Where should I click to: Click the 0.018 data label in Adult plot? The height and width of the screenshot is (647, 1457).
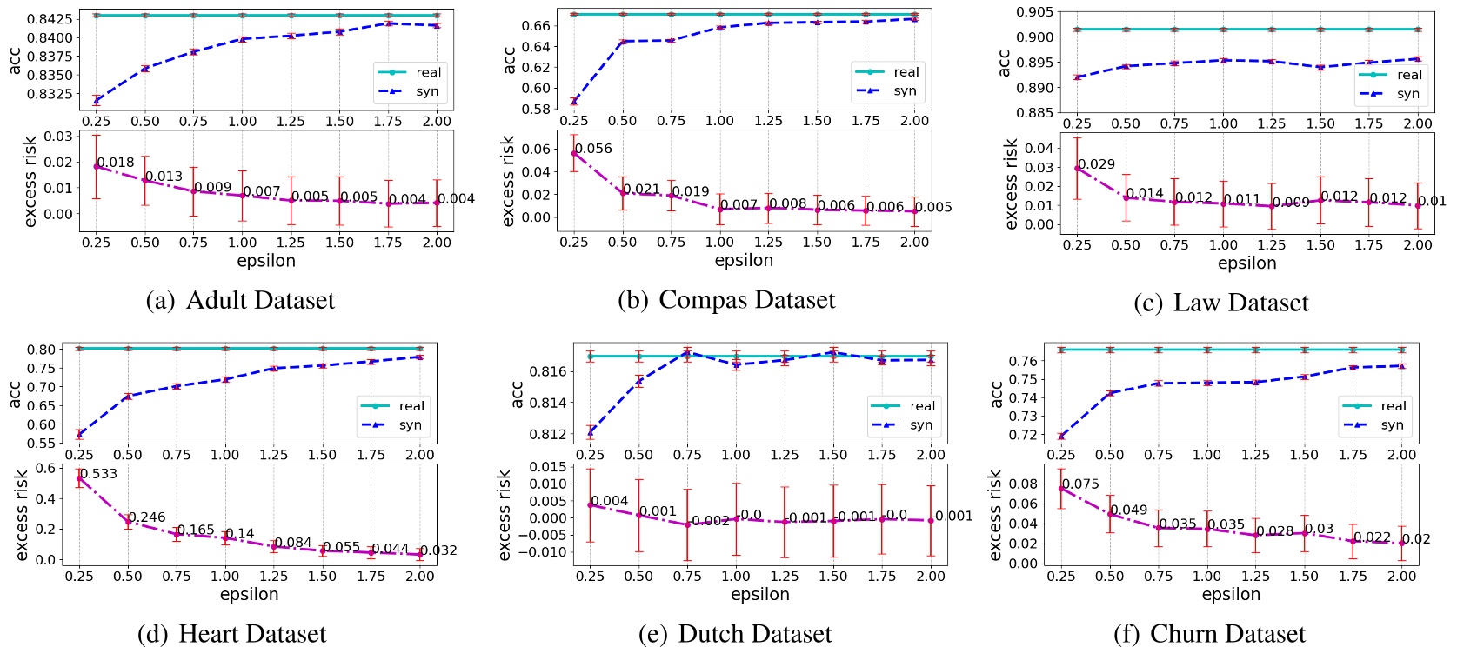tap(116, 163)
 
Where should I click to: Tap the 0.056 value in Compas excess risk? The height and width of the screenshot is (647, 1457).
tap(593, 149)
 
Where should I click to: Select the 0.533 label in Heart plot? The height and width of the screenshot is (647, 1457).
tap(98, 474)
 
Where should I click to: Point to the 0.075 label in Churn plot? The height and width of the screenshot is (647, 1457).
tap(1080, 484)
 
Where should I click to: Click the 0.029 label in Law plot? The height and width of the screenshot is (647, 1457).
tap(1096, 164)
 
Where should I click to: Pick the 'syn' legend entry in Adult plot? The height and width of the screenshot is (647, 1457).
tap(427, 91)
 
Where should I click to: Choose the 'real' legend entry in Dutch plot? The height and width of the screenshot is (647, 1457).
tap(922, 406)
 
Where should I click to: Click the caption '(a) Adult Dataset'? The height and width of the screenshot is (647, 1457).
tap(240, 301)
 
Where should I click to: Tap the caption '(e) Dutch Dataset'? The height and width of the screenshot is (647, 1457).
tap(735, 634)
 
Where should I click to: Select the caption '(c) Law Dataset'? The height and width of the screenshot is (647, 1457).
tap(1221, 303)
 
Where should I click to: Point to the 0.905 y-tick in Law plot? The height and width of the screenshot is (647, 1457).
tap(1035, 11)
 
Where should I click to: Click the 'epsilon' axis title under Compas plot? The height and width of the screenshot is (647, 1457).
tap(744, 261)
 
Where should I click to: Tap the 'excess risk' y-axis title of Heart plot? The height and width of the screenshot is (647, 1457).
tap(22, 515)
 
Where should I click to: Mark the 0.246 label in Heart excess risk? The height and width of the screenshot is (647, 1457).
tap(147, 517)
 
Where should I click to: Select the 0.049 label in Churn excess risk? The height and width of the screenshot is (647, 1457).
tap(1128, 510)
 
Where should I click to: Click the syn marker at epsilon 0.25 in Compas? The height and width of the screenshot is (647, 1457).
tap(574, 101)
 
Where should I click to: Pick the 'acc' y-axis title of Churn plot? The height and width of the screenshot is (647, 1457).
tap(997, 395)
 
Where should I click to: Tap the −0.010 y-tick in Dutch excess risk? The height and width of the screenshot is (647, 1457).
tap(543, 552)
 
